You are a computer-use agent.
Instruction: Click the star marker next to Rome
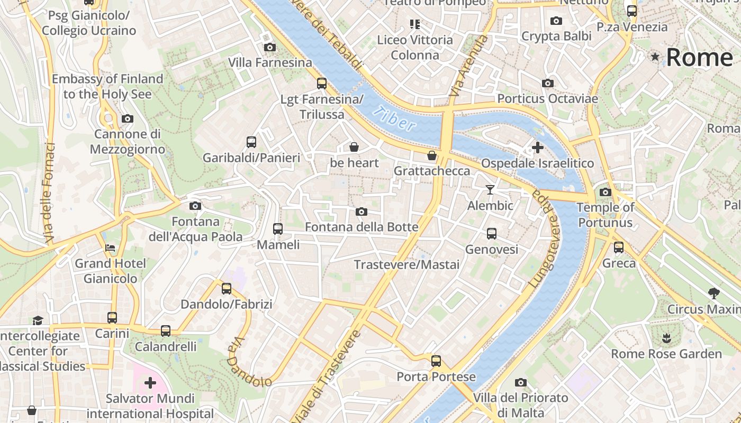point(655,57)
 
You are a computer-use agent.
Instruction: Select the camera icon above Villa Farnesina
point(269,47)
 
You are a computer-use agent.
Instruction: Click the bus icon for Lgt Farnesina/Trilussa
point(321,83)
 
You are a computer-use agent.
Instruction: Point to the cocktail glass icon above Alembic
point(490,189)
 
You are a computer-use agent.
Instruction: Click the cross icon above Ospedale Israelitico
point(537,148)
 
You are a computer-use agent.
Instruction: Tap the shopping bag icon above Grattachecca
point(432,155)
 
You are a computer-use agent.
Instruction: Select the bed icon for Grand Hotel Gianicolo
point(110,247)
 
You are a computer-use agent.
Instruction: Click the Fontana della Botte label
point(362,227)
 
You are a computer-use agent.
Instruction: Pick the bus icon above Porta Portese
point(436,361)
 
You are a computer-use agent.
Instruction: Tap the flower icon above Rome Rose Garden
point(666,337)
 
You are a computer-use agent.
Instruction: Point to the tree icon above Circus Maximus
point(713,293)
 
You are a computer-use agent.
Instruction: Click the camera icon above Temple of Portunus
point(606,192)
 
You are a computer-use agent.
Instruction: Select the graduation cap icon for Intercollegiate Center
point(38,320)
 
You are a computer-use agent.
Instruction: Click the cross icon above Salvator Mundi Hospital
point(150,382)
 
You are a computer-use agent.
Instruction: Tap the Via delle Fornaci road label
point(50,193)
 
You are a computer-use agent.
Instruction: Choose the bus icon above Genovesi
point(491,233)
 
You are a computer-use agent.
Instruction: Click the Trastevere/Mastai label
point(406,264)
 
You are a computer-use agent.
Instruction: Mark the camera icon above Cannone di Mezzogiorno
point(127,118)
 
